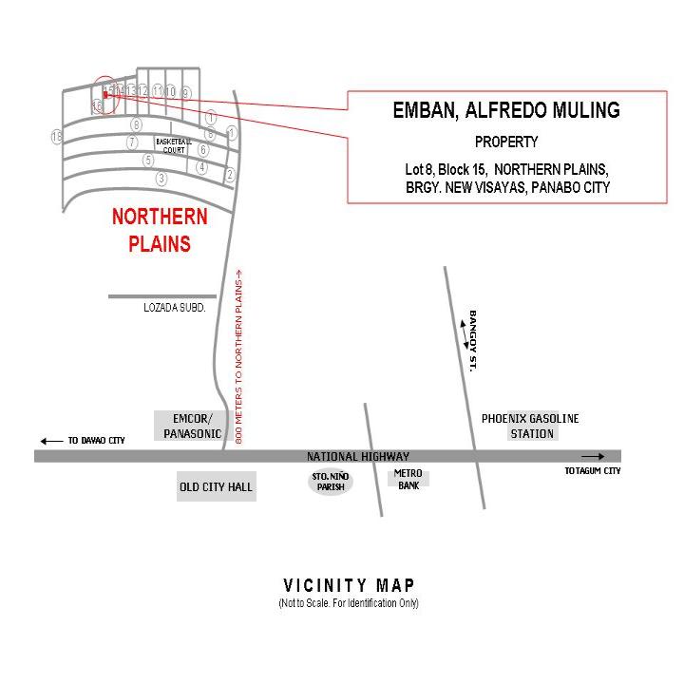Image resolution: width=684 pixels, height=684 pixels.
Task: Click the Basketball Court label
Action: pos(174,145)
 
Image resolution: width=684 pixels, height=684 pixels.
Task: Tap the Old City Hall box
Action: pos(217,487)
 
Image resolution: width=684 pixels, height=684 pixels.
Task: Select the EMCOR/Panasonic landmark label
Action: pos(192,427)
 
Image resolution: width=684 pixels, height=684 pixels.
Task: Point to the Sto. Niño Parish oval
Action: pos(331,482)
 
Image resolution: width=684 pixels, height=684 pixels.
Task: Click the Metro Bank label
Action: pos(408,479)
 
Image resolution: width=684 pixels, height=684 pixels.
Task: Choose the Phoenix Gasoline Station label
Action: pos(530,426)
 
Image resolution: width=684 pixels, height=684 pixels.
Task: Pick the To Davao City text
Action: pos(96,441)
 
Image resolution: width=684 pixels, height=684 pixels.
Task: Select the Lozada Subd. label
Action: pos(175,308)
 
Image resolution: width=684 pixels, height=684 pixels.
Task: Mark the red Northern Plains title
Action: pos(160,230)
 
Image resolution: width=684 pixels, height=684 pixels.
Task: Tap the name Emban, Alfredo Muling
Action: pos(506,110)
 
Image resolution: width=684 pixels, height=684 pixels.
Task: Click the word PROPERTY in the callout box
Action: pos(506,142)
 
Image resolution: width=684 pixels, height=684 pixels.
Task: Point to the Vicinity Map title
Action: pos(349,585)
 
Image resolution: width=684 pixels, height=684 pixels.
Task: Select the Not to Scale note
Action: pos(349,603)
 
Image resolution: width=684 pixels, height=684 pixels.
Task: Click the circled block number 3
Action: pos(161,179)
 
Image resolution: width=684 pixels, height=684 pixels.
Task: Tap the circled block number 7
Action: pos(132,142)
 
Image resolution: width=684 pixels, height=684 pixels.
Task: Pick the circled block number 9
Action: pos(186,92)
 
